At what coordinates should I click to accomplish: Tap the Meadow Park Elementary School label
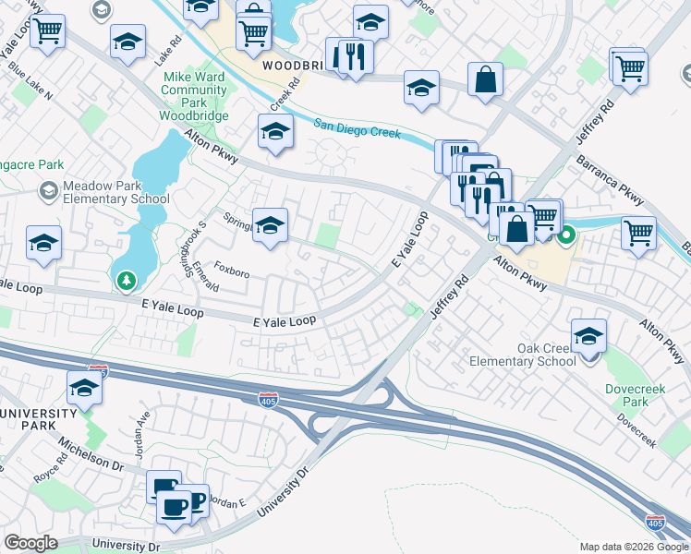[115, 191]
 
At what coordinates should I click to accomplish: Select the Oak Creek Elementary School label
[521, 354]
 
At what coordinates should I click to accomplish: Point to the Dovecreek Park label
[627, 395]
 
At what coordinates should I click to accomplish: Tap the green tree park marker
[125, 279]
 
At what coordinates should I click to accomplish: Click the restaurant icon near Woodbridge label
[355, 57]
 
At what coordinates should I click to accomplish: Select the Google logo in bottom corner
[31, 543]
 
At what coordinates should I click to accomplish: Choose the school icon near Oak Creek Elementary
[588, 338]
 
